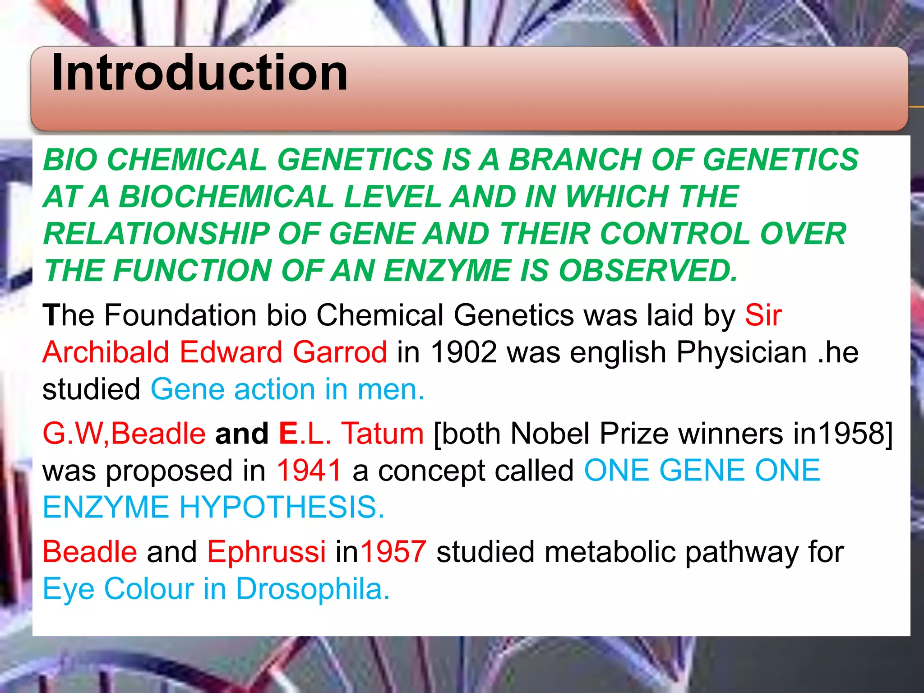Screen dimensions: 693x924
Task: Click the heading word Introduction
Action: point(199,73)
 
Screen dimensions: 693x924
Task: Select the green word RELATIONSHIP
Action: point(156,234)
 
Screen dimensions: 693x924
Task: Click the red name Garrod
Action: point(340,352)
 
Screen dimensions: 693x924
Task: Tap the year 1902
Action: point(464,352)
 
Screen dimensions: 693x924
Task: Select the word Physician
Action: point(741,352)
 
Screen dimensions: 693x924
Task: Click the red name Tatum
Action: point(382,434)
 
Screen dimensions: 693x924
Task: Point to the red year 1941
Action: point(309,471)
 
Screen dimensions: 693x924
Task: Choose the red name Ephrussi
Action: point(266,552)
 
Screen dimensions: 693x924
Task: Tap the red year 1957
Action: point(393,552)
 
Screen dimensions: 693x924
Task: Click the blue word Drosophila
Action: point(313,589)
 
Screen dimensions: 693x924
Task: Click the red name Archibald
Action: point(106,352)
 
